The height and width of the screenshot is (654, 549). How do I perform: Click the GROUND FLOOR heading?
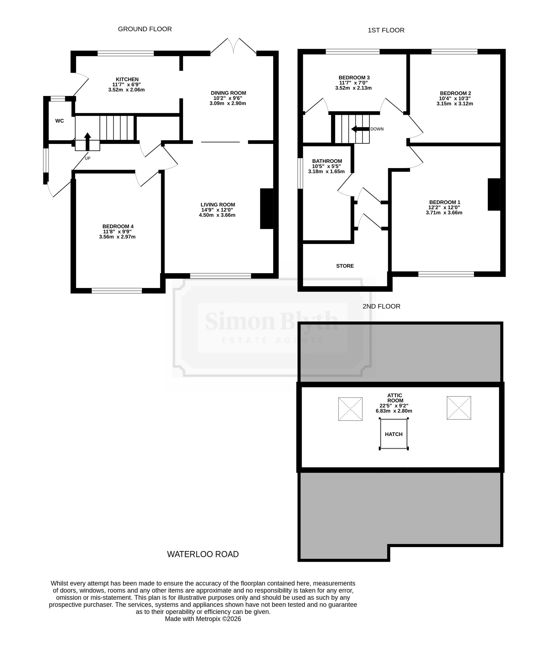[145, 29]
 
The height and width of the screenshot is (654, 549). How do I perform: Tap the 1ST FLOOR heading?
[386, 30]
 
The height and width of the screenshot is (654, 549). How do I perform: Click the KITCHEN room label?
[127, 80]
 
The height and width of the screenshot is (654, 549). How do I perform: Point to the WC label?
[60, 121]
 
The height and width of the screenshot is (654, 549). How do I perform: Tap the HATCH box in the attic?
[394, 434]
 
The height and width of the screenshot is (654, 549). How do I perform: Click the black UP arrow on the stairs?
[88, 142]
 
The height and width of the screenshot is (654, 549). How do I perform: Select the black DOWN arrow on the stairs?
[360, 129]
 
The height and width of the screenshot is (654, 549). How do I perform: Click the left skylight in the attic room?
[351, 409]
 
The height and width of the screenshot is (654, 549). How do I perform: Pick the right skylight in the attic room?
[459, 408]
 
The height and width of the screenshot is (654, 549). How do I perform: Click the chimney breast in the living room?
[267, 209]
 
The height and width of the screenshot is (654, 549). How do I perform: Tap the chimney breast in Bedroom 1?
[494, 194]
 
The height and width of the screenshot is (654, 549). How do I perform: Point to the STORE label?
[345, 266]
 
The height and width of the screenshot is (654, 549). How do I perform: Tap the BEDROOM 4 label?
[118, 227]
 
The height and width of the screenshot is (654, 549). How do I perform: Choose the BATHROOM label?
[327, 161]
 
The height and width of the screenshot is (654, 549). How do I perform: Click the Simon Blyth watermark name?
[271, 321]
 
